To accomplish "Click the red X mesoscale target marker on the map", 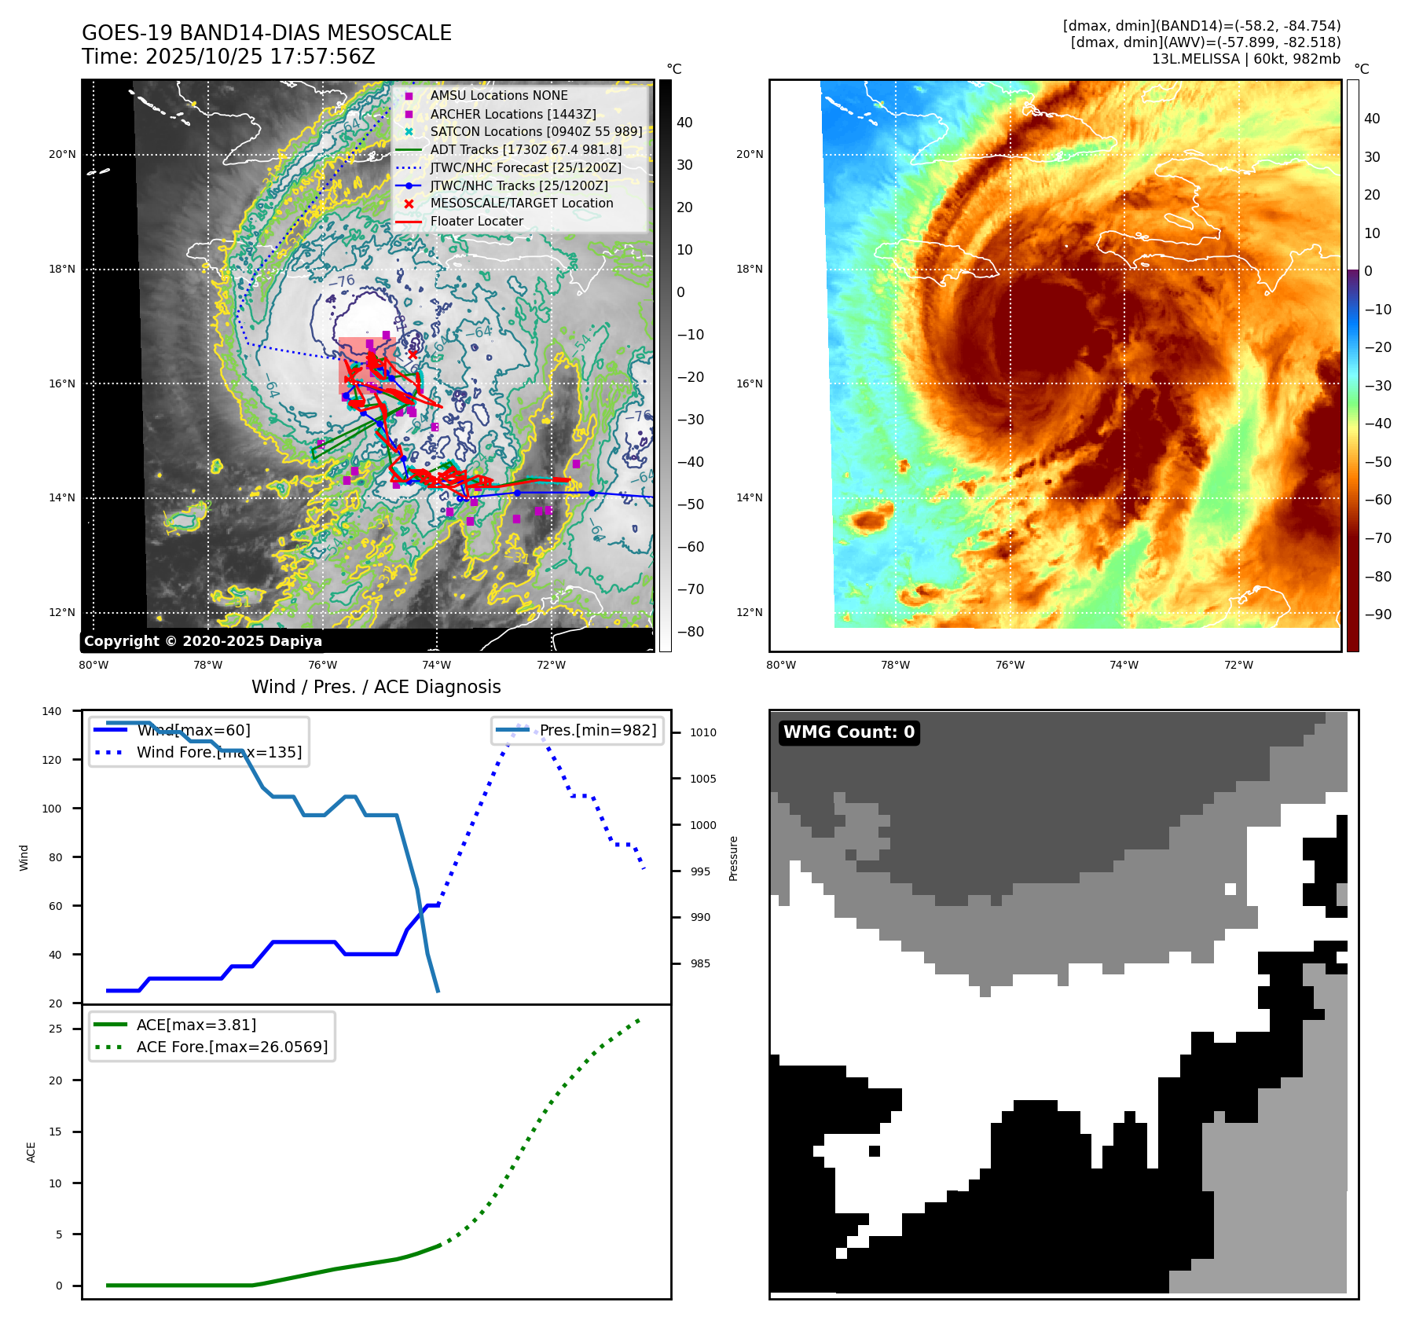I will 413,355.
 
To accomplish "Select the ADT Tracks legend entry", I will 526,149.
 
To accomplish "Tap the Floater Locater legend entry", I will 476,222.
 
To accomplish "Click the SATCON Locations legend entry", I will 536,131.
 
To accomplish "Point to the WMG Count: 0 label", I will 849,732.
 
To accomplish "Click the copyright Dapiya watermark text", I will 203,641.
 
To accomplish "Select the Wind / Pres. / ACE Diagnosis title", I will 376,687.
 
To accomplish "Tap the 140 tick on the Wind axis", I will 52,711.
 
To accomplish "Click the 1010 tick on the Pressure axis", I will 702,732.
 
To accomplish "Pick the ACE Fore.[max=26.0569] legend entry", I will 232,1047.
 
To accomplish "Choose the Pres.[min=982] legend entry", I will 597,730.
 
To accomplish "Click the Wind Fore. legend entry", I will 218,752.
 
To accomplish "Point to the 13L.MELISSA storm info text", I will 1245,59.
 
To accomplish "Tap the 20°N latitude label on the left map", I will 62,154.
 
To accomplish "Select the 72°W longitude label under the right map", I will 1238,665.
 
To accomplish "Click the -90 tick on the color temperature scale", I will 1377,614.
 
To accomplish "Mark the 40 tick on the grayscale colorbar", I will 684,123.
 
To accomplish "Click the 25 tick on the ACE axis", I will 56,1029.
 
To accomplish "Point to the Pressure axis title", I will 733,858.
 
